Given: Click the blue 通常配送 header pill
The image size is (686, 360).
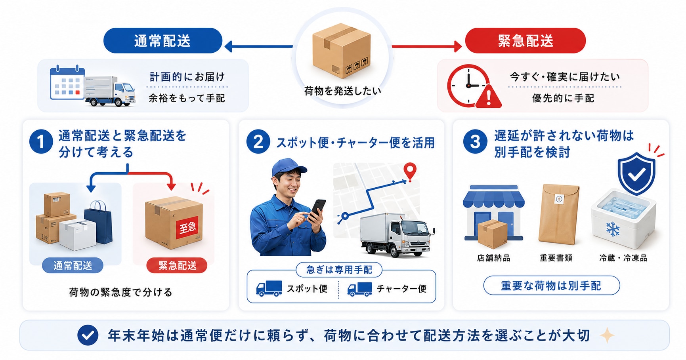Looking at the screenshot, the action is click(x=162, y=40).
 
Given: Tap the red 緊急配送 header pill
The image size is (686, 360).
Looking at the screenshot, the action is click(x=525, y=40).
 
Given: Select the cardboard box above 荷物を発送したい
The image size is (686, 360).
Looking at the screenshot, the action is click(x=341, y=50).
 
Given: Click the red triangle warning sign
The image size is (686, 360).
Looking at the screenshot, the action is click(x=489, y=96).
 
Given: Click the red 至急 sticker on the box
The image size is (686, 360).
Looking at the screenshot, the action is click(x=188, y=228).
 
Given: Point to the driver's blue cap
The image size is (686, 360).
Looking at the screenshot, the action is click(x=288, y=167).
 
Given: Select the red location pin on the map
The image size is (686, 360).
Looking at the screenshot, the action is click(x=410, y=172).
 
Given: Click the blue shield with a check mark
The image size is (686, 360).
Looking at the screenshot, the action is click(x=636, y=173).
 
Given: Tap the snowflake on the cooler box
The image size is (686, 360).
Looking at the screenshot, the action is click(x=613, y=229).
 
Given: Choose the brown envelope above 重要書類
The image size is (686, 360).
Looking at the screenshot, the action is click(x=558, y=214).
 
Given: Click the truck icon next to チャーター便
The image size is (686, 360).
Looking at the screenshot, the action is click(x=359, y=289).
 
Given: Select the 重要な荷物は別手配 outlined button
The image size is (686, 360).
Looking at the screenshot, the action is click(x=551, y=286).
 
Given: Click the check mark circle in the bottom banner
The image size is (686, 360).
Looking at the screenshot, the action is click(x=88, y=335).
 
